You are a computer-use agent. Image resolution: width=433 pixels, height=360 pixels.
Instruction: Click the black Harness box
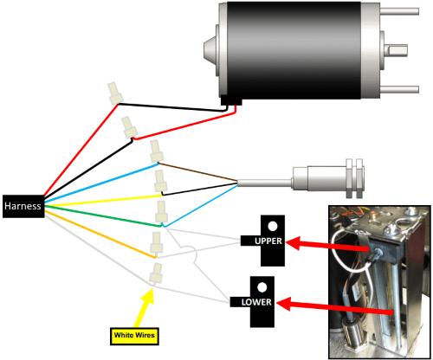23,206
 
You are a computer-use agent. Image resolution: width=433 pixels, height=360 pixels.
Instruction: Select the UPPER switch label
268,241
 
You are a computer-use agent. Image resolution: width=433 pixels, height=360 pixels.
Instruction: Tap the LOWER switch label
256,302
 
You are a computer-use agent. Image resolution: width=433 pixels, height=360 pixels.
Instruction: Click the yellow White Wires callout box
134,336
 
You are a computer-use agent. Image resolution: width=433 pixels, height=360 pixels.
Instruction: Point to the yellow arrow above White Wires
144,307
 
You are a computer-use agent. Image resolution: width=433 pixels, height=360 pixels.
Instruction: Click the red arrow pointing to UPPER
327,245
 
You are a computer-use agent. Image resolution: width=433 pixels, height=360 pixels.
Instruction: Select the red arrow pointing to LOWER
334,306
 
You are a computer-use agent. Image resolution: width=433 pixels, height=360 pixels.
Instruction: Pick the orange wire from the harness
100,234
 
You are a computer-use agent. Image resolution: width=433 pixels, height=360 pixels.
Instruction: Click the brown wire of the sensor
197,172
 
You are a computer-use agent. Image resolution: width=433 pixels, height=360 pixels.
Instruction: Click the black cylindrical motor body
294,50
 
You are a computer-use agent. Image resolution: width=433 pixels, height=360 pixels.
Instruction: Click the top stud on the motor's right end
399,11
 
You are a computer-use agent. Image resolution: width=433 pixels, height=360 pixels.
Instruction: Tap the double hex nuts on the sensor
354,178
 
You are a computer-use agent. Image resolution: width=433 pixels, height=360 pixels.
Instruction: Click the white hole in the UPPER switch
273,226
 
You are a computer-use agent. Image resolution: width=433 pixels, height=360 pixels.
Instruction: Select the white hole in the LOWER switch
262,287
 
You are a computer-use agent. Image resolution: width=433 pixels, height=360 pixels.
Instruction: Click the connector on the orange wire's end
157,243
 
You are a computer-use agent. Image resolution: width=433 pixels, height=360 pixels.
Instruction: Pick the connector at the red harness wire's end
115,93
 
